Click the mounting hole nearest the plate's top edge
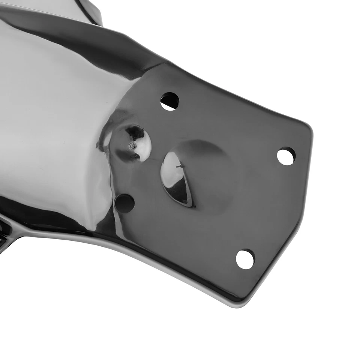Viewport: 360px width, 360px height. [170, 101]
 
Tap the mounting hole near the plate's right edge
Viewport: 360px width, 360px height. [286, 156]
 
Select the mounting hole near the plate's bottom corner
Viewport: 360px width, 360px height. [245, 259]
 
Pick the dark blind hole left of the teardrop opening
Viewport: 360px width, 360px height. [124, 203]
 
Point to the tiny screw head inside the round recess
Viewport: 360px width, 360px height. [131, 145]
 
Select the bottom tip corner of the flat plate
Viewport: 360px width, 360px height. [240, 302]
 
